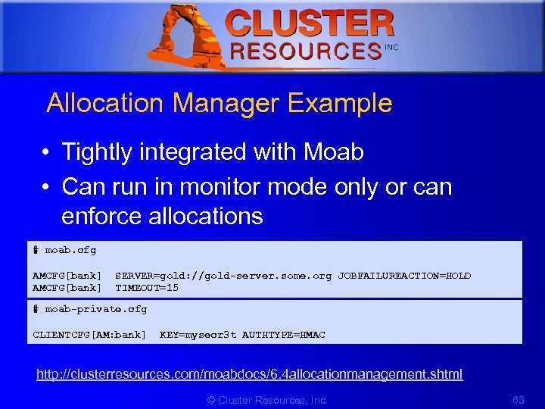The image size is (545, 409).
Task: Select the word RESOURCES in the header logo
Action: [305, 51]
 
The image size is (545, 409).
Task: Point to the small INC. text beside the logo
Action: [392, 47]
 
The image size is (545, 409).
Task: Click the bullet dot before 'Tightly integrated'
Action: [47, 153]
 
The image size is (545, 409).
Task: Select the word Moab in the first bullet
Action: [333, 152]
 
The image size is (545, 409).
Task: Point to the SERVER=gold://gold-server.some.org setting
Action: [223, 276]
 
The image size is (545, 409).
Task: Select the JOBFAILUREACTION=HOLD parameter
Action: [404, 276]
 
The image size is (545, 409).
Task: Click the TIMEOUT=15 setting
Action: [147, 288]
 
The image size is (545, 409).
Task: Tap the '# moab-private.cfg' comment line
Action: [90, 309]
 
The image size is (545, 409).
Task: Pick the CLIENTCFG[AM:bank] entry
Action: [89, 334]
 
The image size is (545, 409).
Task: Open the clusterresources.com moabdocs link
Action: [250, 374]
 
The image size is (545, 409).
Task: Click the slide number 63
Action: [519, 400]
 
